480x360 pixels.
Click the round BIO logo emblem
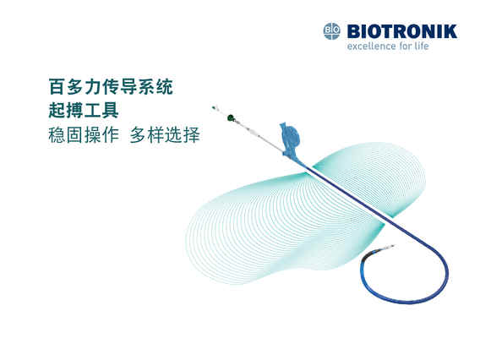(332, 31)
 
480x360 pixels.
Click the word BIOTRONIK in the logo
(402, 31)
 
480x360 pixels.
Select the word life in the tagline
(422, 46)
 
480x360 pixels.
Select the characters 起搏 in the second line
(66, 110)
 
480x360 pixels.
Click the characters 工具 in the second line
(101, 110)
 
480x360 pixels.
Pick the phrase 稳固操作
(84, 134)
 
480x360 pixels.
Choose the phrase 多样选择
(165, 134)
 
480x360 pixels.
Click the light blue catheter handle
(289, 139)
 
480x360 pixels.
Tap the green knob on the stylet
(231, 117)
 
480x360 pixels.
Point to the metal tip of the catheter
(390, 247)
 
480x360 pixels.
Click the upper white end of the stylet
(214, 107)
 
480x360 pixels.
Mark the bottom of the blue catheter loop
(407, 302)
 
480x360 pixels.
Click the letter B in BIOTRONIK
(354, 31)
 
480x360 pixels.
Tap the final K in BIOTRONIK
(450, 31)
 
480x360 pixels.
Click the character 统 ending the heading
(165, 87)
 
